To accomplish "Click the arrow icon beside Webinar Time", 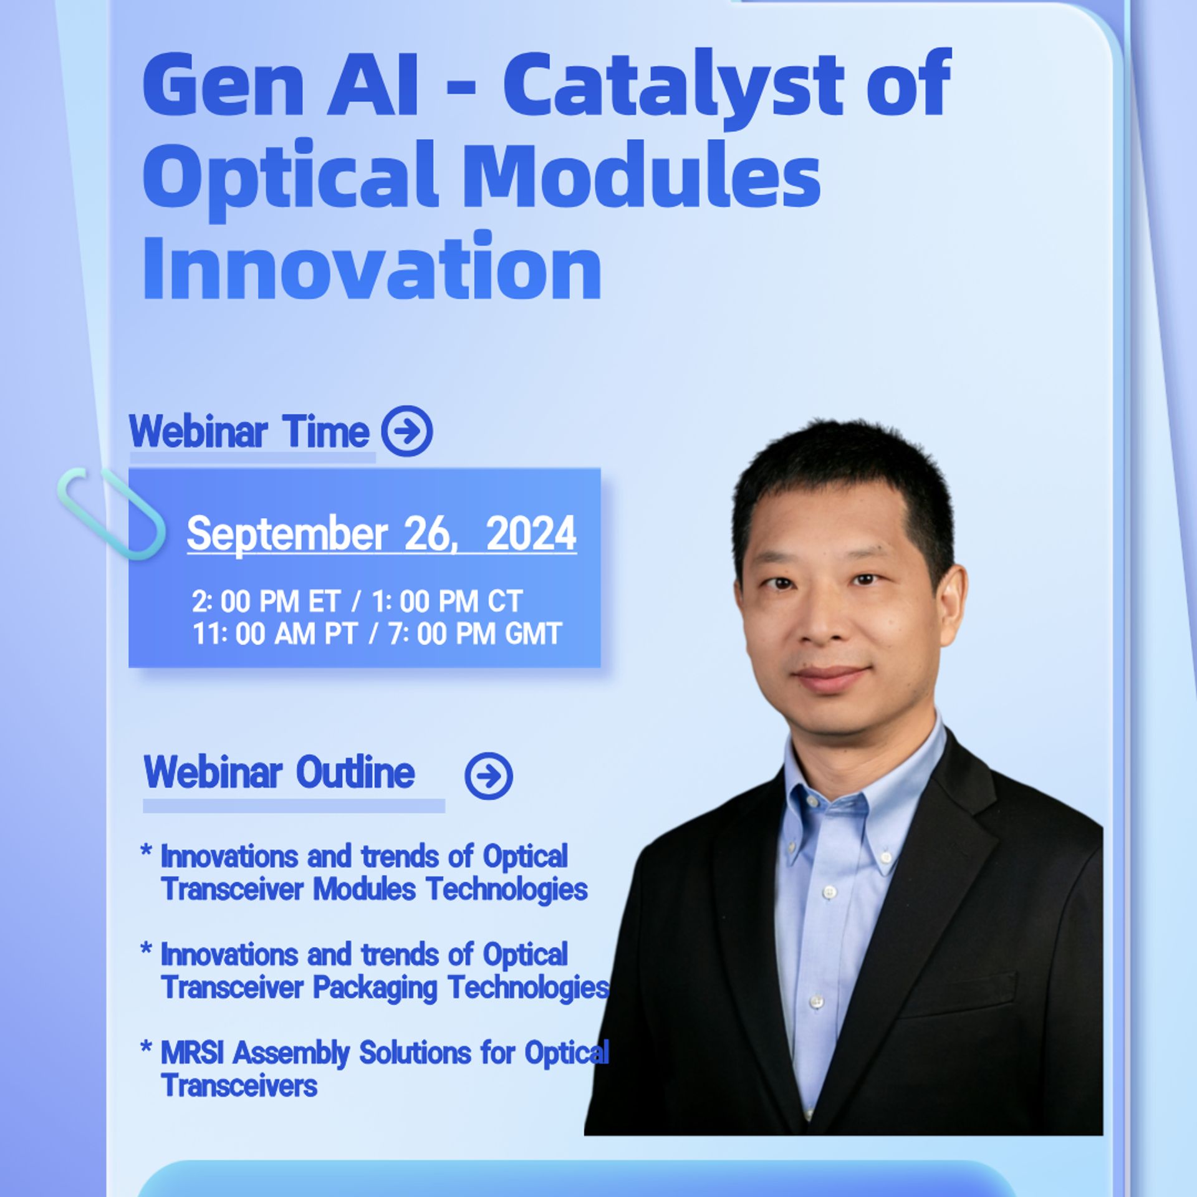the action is pos(407,431).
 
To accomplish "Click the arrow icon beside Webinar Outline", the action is pos(489,776).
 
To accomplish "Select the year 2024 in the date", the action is pos(531,534).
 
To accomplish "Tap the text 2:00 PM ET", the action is pos(266,602).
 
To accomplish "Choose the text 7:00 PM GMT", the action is pos(476,634).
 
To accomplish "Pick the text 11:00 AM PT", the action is pos(274,634).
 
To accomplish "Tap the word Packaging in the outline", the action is pos(375,989).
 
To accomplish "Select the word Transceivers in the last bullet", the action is pos(239,1086).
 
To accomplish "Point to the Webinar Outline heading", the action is pos(279,772).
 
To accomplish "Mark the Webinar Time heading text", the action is pos(249,431).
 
